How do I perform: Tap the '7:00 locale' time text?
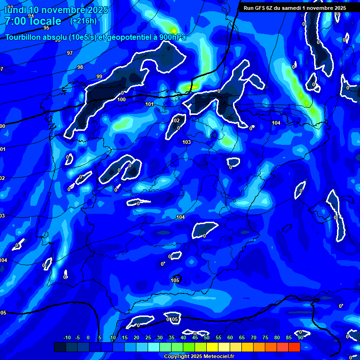pyautogui.click(x=33, y=21)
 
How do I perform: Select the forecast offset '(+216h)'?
pyautogui.click(x=83, y=21)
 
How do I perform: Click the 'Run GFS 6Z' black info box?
pyautogui.click(x=294, y=7)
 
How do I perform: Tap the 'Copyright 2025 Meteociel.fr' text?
pyautogui.click(x=199, y=357)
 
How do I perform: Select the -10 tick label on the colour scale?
pyautogui.click(x=67, y=338)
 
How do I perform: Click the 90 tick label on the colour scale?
pyautogui.click(x=300, y=338)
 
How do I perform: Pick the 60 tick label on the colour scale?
pyautogui.click(x=230, y=338)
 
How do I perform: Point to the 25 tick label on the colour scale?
pyautogui.click(x=148, y=338)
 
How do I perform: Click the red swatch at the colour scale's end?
pyautogui.click(x=294, y=347)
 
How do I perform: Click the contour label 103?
pyautogui.click(x=187, y=142)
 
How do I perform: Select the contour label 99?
pyautogui.click(x=99, y=76)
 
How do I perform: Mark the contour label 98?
pyautogui.click(x=80, y=67)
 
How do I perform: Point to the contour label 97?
pyautogui.click(x=69, y=53)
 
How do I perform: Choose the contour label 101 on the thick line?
pyautogui.click(x=150, y=104)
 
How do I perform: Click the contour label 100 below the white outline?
pyautogui.click(x=121, y=99)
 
